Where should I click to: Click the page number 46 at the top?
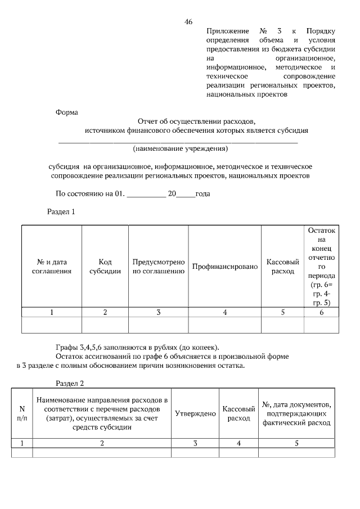tap(188, 22)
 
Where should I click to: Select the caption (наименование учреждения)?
tap(180, 149)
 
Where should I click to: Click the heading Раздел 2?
tap(70, 384)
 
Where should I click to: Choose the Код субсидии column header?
tap(105, 266)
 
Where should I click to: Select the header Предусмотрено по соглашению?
tap(159, 266)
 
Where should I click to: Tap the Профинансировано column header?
tap(225, 266)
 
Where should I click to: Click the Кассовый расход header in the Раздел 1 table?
tap(282, 266)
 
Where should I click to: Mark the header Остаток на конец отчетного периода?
tap(322, 266)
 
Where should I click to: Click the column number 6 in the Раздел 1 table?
tap(322, 313)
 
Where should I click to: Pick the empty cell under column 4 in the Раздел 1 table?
tap(225, 326)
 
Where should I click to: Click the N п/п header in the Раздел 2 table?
tap(22, 413)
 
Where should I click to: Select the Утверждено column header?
tap(195, 413)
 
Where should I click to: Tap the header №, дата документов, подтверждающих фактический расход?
tap(296, 413)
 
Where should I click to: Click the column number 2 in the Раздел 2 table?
tap(102, 443)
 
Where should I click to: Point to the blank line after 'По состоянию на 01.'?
tap(146, 195)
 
